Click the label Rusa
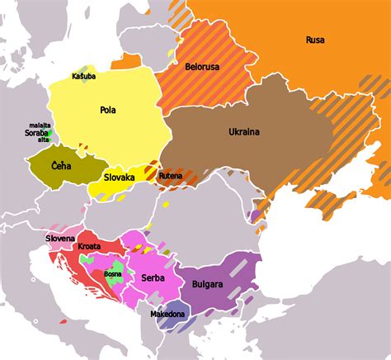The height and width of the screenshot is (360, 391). click(314, 40)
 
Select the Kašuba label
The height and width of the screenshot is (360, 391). click(83, 76)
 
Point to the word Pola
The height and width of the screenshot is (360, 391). click(107, 109)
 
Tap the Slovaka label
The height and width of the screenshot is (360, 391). click(120, 177)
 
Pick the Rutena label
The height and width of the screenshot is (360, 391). click(170, 175)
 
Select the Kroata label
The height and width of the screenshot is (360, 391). click(88, 247)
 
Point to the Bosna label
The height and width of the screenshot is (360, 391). click(113, 273)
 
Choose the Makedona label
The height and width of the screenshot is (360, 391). click(167, 315)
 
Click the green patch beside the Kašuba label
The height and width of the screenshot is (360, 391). click(82, 69)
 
